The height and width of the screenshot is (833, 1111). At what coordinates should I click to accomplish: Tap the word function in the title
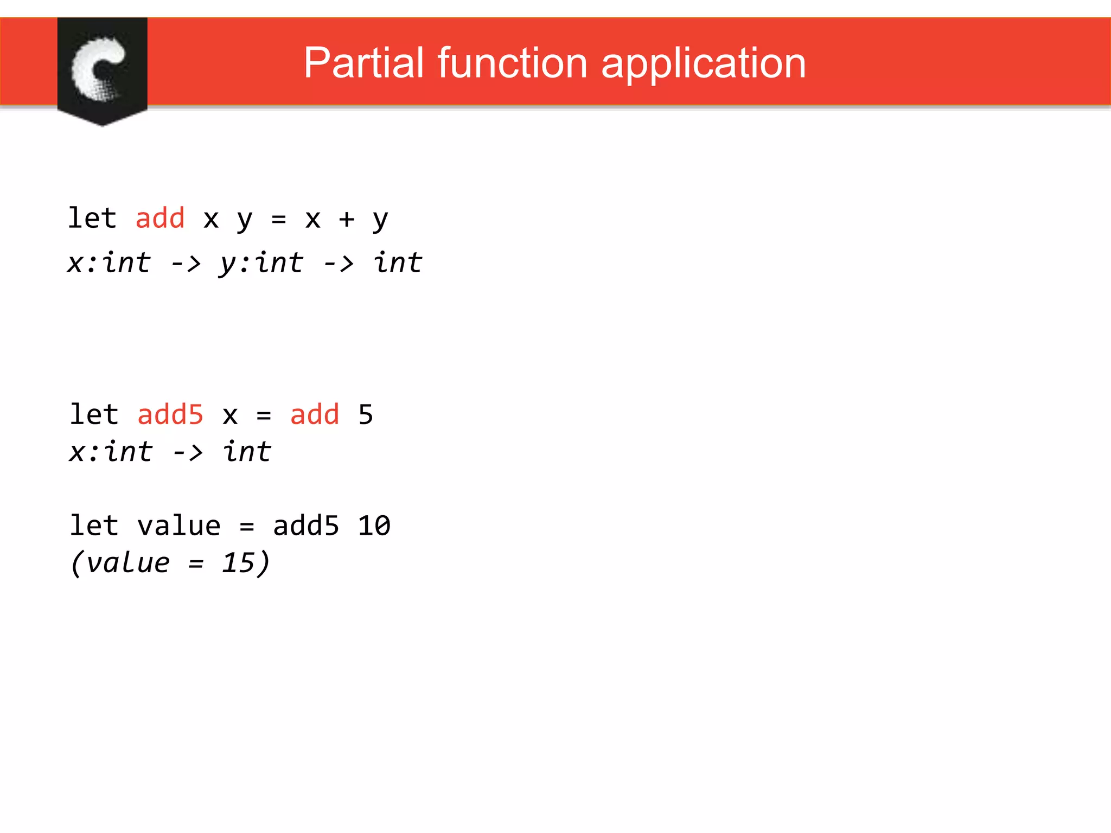click(512, 63)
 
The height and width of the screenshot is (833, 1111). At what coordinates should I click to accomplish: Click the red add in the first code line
click(160, 218)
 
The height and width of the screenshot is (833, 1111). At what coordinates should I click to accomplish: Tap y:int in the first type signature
click(261, 264)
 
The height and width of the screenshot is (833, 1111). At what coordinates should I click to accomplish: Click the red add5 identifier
click(170, 415)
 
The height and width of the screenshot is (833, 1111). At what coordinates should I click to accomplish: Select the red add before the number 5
click(315, 415)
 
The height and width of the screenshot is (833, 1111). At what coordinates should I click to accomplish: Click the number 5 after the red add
click(366, 415)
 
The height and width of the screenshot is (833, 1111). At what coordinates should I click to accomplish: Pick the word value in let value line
click(178, 526)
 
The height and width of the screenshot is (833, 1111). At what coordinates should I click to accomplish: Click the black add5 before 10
click(306, 526)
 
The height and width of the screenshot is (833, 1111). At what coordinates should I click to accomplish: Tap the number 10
click(374, 526)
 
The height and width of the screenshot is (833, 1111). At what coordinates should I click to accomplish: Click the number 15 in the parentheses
click(238, 563)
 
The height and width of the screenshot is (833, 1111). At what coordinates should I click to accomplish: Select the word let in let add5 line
click(94, 415)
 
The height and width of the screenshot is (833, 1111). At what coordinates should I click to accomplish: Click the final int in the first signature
click(398, 263)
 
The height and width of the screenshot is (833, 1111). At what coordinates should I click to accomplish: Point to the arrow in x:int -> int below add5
click(188, 452)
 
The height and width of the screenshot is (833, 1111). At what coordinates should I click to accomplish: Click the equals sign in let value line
click(247, 527)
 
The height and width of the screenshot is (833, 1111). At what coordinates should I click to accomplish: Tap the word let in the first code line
click(92, 218)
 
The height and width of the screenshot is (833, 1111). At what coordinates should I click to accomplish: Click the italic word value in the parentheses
click(128, 563)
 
